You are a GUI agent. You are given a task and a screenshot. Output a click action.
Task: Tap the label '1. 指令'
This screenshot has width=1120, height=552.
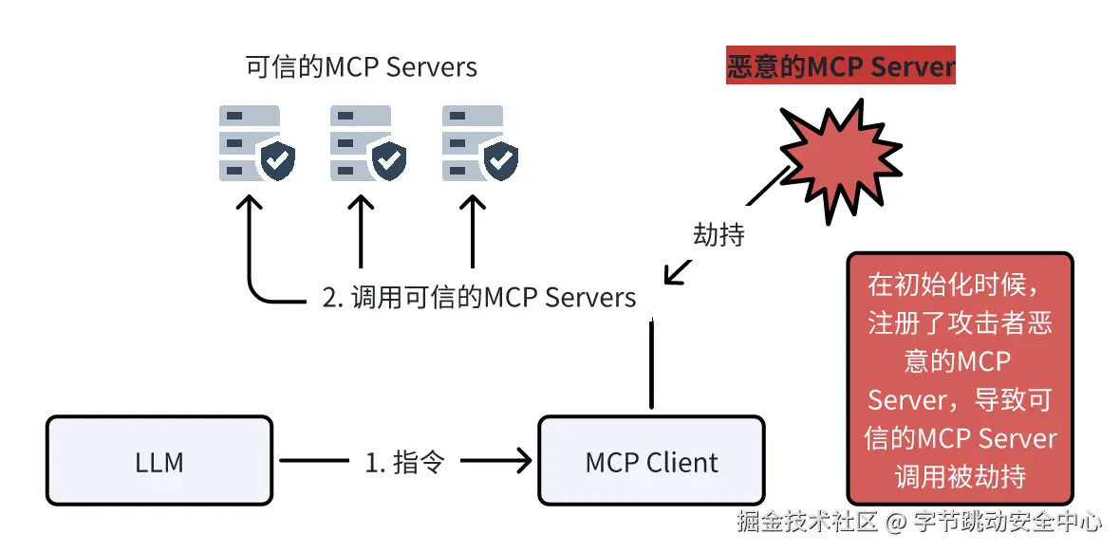[x=404, y=462]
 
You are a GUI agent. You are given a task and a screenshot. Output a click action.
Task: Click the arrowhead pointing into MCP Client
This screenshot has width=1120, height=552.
[x=522, y=462]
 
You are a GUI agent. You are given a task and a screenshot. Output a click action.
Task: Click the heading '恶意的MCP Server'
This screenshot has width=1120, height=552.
[x=840, y=67]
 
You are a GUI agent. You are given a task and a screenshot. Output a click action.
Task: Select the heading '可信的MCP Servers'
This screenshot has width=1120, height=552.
[x=361, y=67]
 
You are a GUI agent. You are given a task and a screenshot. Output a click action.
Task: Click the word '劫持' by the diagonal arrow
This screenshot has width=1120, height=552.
[x=719, y=234]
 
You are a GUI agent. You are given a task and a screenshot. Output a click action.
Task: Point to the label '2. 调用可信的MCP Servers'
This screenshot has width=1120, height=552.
[x=478, y=297]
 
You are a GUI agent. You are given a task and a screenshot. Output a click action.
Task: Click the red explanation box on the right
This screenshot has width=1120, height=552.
[x=960, y=377]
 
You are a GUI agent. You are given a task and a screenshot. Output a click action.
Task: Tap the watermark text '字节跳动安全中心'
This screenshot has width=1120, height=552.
[x=1008, y=521]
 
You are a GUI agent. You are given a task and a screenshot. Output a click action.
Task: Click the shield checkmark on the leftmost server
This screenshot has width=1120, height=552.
[x=277, y=161]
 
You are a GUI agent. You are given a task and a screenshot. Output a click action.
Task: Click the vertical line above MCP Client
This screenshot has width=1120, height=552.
[x=651, y=365]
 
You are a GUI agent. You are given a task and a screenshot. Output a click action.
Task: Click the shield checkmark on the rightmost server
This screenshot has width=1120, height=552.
[x=500, y=161]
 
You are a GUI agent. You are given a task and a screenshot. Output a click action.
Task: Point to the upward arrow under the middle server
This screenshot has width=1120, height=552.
[x=360, y=232]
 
